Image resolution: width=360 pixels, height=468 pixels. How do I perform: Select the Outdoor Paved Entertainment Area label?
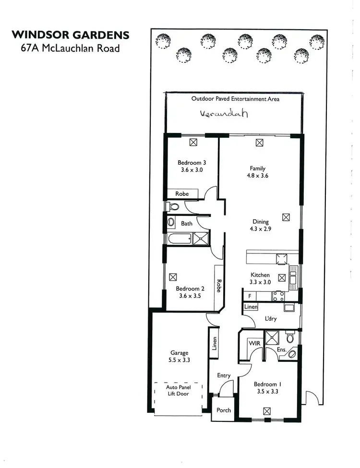click(x=235, y=99)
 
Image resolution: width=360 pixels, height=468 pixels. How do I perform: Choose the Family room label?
click(x=257, y=168)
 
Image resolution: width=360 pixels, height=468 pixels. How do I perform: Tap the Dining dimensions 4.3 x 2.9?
click(x=261, y=229)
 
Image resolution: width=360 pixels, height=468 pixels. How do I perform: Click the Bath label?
click(x=187, y=224)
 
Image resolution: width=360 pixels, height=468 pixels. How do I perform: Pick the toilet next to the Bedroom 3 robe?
click(x=172, y=207)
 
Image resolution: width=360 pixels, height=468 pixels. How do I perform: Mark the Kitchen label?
click(x=260, y=275)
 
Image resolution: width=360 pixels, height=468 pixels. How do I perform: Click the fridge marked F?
click(x=250, y=296)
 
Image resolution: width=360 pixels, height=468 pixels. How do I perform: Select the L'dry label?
click(x=272, y=318)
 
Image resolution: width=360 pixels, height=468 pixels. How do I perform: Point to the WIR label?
click(x=254, y=343)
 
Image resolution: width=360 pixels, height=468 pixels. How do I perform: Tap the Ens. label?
click(x=282, y=350)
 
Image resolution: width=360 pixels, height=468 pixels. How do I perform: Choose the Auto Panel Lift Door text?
click(x=178, y=390)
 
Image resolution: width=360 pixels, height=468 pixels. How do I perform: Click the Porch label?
click(x=224, y=410)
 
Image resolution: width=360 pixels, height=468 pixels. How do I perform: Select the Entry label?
click(x=224, y=375)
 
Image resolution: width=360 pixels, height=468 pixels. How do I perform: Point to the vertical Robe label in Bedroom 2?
click(x=218, y=286)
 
